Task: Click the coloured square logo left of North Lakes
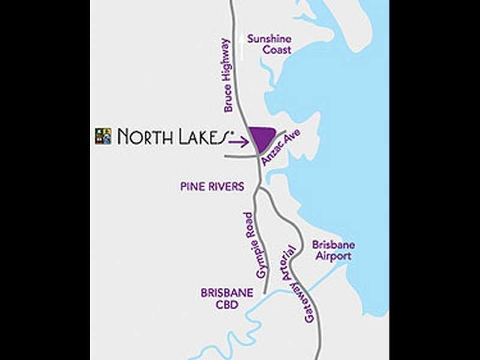(103, 136)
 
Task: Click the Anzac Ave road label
(280, 148)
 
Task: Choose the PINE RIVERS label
(212, 187)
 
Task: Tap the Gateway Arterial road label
(300, 284)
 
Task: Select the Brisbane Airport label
(333, 251)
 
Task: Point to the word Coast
(277, 50)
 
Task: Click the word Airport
(333, 257)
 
